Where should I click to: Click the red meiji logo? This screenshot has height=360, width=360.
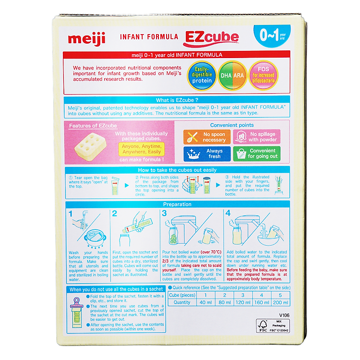pyautogui.click(x=86, y=37)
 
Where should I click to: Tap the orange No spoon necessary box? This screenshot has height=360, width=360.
pyautogui.click(x=206, y=137)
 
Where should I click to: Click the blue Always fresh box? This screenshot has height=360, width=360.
pyautogui.click(x=206, y=154)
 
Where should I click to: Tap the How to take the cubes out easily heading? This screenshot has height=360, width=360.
pyautogui.click(x=178, y=170)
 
